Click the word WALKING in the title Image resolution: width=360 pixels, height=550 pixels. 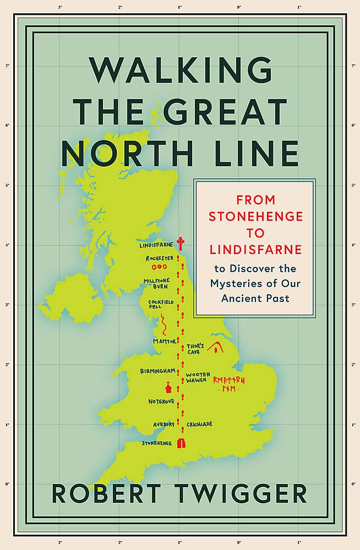[x=180, y=70]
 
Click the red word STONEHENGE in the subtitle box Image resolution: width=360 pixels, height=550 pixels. [x=256, y=216]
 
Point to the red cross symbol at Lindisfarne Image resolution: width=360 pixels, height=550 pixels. [x=179, y=243]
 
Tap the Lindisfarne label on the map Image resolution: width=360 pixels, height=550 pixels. [x=156, y=245]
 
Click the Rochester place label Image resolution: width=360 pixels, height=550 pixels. [x=159, y=258]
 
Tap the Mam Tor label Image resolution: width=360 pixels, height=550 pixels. [x=165, y=342]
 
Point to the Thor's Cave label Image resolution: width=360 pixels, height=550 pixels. [x=195, y=349]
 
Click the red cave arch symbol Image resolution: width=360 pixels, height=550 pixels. [x=217, y=347]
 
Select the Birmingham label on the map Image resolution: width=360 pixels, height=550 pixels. [x=157, y=371]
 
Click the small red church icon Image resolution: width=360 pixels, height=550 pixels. [x=169, y=386]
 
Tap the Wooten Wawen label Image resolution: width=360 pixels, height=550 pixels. [x=197, y=377]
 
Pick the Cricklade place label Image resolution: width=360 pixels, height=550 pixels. [x=199, y=424]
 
